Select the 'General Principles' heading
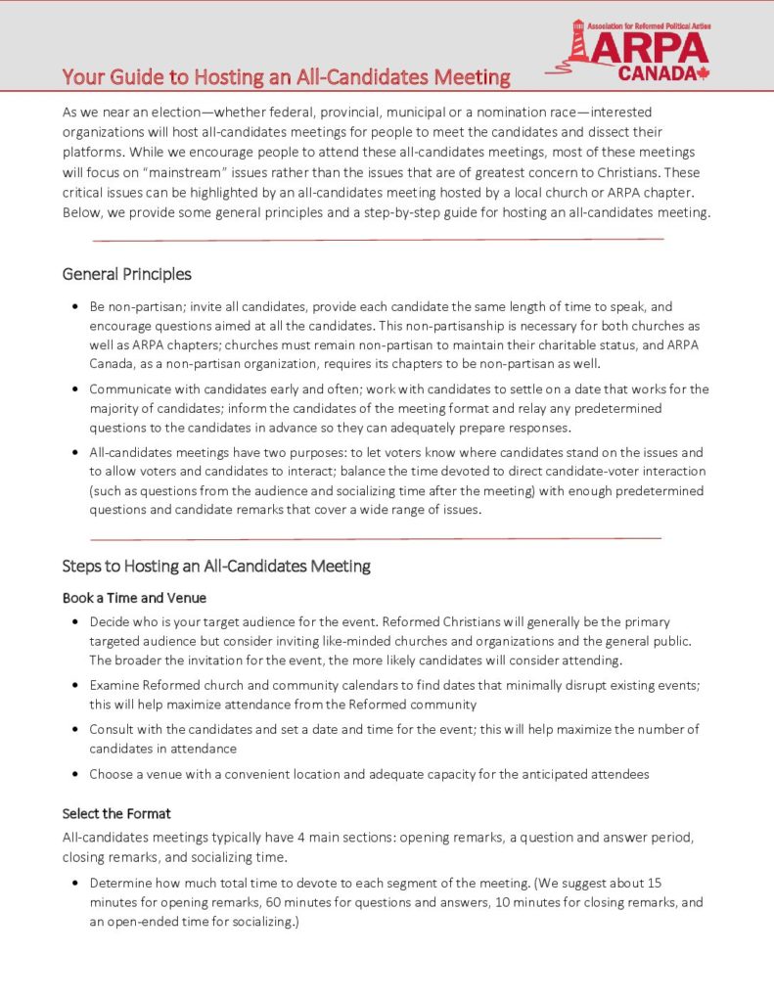click(127, 274)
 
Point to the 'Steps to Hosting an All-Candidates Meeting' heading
click(216, 566)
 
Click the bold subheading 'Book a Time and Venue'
click(134, 597)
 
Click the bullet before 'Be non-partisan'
click(75, 307)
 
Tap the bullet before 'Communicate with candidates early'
click(75, 389)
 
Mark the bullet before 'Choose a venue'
click(75, 775)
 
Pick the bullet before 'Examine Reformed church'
click(75, 685)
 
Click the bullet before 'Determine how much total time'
click(75, 884)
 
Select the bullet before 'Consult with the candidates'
click(75, 730)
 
